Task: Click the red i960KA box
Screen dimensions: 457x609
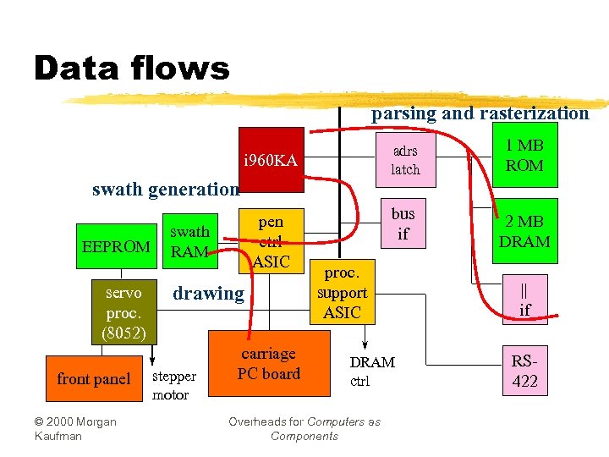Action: pyautogui.click(x=270, y=160)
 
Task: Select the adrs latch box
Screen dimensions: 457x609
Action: pyautogui.click(x=404, y=161)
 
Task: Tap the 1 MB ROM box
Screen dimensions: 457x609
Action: pyautogui.click(x=524, y=157)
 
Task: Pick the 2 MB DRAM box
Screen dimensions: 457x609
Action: pyautogui.click(x=524, y=232)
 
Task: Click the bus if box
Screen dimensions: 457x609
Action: pyautogui.click(x=403, y=223)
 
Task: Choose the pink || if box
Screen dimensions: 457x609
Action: pyautogui.click(x=524, y=300)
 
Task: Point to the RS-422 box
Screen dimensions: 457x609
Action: pyautogui.click(x=524, y=371)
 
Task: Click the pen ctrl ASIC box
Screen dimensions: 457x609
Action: pyautogui.click(x=271, y=241)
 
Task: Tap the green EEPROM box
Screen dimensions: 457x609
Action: pyautogui.click(x=115, y=247)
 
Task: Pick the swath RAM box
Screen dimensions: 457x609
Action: pyautogui.click(x=189, y=241)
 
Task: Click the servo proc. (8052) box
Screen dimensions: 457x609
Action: pyautogui.click(x=123, y=310)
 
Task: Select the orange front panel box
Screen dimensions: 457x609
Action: pyautogui.click(x=93, y=379)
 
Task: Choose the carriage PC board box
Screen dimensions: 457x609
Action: pyautogui.click(x=268, y=364)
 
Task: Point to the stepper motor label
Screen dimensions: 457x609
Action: pyautogui.click(x=174, y=385)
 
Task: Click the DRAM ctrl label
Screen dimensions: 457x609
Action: pyautogui.click(x=371, y=371)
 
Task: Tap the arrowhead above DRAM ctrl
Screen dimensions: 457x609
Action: pyautogui.click(x=365, y=344)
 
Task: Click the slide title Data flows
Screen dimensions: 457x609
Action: pyautogui.click(x=131, y=68)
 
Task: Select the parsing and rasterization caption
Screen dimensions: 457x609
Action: pyautogui.click(x=480, y=113)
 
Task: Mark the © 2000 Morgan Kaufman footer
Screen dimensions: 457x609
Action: pyautogui.click(x=75, y=428)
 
